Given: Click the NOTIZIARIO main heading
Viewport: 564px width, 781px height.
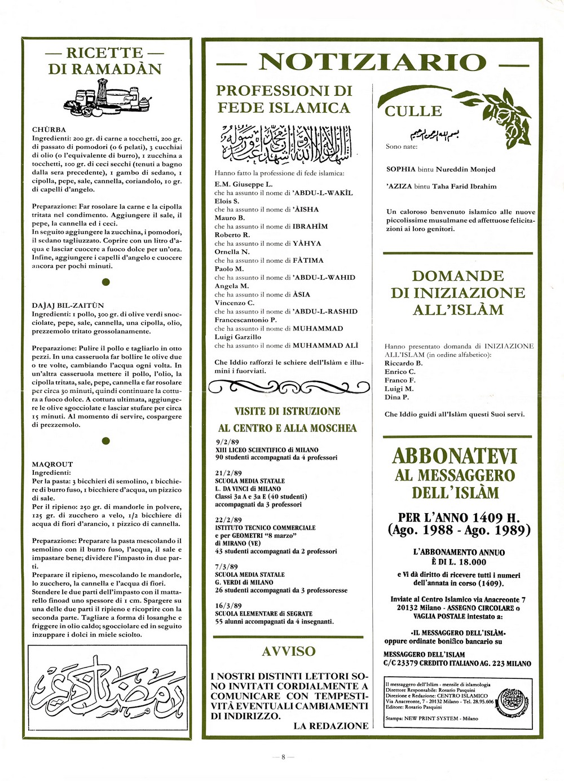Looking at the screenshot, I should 372,63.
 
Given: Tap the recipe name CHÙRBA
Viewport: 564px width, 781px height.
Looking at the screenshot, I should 49,130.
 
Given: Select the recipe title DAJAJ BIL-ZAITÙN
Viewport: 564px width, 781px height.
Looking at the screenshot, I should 68,305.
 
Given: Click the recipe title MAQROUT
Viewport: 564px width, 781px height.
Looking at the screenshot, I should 52,464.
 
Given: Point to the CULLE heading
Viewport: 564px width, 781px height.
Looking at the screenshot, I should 413,111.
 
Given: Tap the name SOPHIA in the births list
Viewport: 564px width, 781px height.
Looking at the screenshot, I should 401,169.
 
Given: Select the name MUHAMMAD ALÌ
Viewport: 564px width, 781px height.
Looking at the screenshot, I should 325,346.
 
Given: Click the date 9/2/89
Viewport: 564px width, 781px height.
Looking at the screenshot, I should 227,442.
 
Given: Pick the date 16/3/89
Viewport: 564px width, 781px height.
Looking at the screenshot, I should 228,606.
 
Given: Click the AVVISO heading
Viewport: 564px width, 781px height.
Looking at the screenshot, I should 289,651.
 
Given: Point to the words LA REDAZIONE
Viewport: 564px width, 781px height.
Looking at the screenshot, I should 331,726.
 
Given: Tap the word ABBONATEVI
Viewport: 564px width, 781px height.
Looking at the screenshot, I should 455,456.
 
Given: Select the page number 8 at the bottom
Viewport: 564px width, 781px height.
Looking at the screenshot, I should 283,757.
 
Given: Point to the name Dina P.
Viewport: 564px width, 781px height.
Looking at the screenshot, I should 396,397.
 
